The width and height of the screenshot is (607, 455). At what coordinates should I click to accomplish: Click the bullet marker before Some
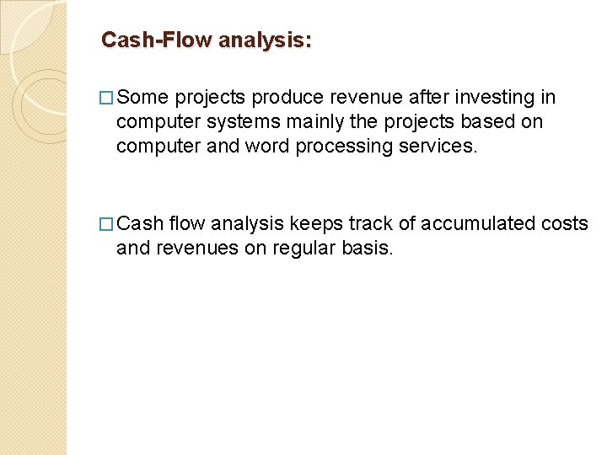point(107,98)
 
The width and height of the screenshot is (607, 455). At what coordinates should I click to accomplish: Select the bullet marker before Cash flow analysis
point(107,224)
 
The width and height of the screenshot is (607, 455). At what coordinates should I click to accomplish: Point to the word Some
point(143,98)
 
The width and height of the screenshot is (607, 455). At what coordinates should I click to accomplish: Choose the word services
point(438,147)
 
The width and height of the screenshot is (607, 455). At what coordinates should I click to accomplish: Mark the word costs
point(564,224)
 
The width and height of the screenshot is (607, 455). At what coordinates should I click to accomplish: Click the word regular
point(302,249)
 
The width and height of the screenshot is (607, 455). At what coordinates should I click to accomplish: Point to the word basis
point(366,249)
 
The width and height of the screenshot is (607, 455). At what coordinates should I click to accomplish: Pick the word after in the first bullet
point(402,98)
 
